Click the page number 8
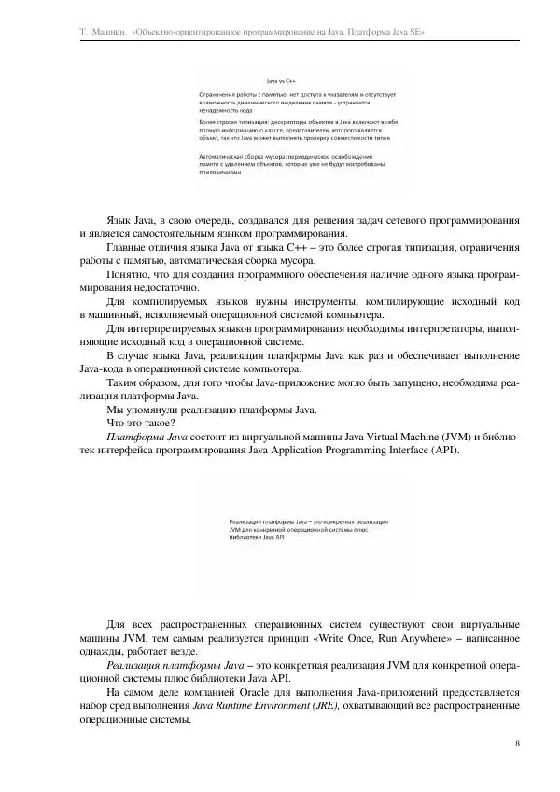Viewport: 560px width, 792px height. (x=516, y=743)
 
